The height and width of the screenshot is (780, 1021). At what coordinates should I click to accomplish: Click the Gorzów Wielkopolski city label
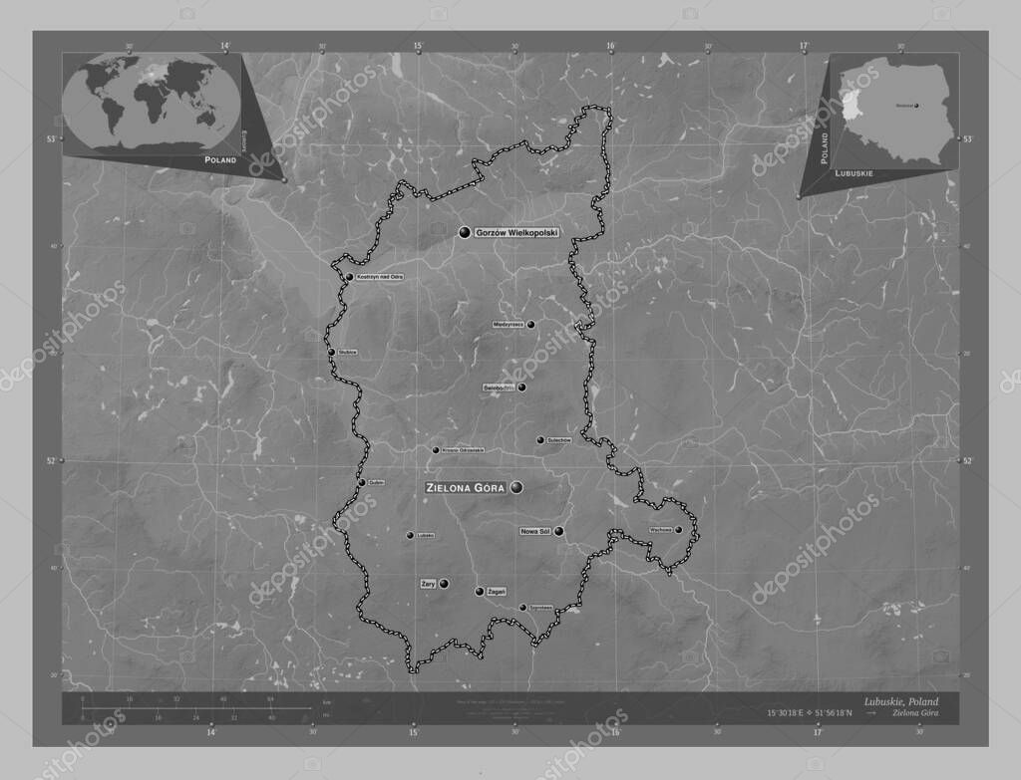pyautogui.click(x=516, y=232)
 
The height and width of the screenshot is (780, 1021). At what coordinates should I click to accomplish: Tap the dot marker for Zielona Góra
pyautogui.click(x=515, y=488)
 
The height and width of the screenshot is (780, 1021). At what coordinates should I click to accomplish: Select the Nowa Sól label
pyautogui.click(x=535, y=532)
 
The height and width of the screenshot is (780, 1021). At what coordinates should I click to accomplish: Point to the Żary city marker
pyautogui.click(x=444, y=584)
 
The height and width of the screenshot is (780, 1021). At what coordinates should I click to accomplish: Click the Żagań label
pyautogui.click(x=497, y=592)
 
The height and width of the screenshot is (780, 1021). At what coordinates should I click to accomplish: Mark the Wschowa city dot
pyautogui.click(x=678, y=530)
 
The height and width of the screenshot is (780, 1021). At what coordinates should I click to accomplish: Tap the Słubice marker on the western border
pyautogui.click(x=331, y=352)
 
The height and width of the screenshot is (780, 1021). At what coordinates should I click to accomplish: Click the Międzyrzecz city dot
pyautogui.click(x=530, y=324)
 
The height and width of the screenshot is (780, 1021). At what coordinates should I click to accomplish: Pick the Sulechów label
pyautogui.click(x=558, y=440)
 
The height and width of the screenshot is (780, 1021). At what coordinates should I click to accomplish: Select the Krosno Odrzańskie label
pyautogui.click(x=463, y=450)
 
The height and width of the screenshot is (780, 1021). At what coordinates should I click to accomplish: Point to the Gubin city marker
pyautogui.click(x=361, y=482)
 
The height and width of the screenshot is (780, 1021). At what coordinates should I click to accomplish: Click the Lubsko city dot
pyautogui.click(x=409, y=535)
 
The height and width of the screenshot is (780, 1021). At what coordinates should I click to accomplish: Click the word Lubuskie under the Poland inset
pyautogui.click(x=855, y=173)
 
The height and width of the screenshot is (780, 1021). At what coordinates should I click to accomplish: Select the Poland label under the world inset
pyautogui.click(x=220, y=159)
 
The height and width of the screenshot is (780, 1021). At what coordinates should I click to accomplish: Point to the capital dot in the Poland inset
pyautogui.click(x=916, y=106)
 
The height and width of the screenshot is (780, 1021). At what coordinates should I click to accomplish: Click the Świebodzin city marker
pyautogui.click(x=521, y=388)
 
